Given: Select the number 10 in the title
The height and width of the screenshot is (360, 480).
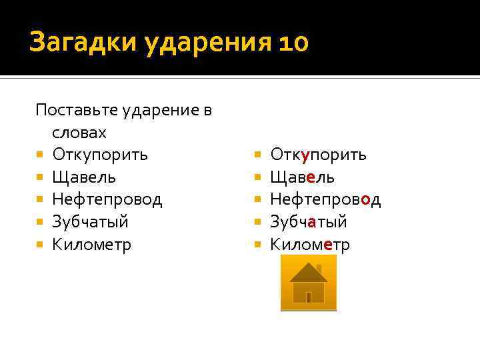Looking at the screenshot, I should point(291,43).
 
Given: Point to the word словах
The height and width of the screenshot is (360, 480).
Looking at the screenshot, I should point(79,133).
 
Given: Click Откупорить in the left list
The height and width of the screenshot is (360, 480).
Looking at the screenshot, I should point(100,155).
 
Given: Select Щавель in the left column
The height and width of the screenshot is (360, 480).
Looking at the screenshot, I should point(84,177).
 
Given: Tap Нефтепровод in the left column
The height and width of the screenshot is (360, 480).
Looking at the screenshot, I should point(107,199).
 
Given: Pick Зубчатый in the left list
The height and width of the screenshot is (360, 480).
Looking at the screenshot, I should point(90,222).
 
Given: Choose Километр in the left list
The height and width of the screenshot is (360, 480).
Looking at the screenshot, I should point(92,245).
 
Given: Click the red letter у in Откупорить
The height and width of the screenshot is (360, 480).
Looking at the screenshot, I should point(305,155).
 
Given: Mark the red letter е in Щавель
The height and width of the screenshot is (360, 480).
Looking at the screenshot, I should point(311,177).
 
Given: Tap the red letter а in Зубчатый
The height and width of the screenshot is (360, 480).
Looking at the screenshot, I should point(311,222).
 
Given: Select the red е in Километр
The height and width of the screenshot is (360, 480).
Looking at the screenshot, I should point(327,245).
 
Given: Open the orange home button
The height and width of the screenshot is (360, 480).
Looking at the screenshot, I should point(308,283).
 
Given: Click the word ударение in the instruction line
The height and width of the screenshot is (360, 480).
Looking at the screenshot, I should point(167,110).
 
